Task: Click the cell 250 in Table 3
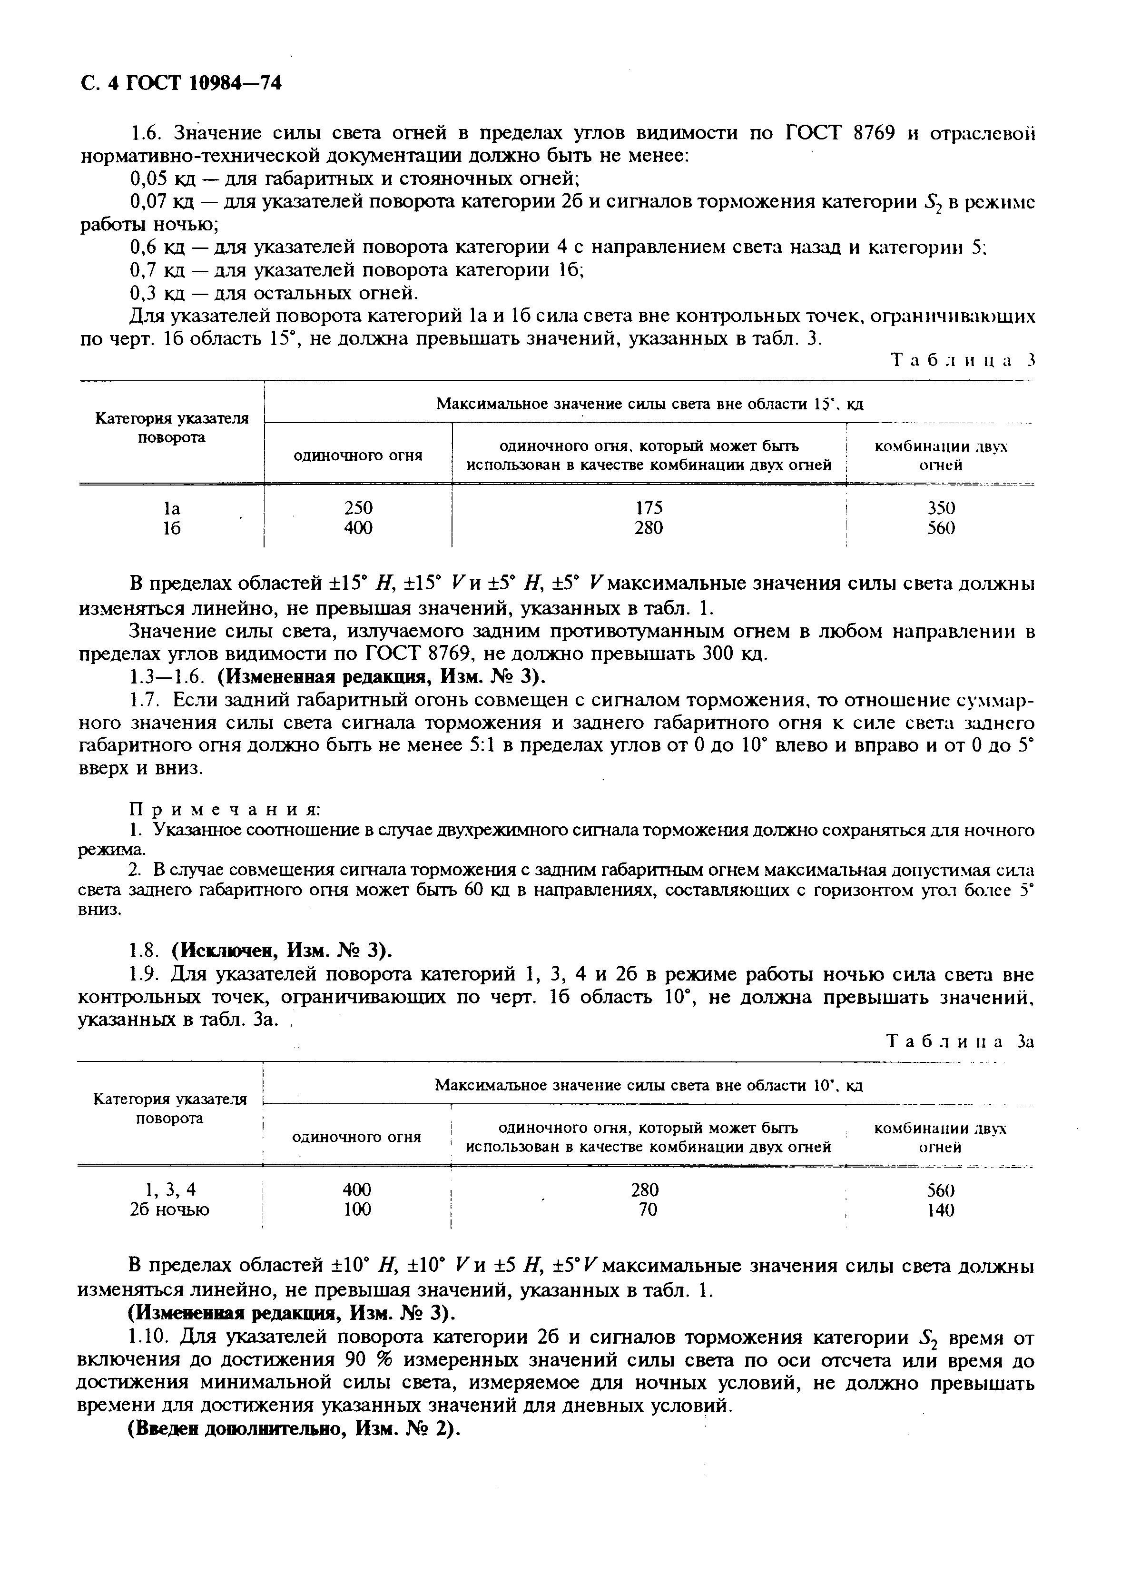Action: pyautogui.click(x=358, y=508)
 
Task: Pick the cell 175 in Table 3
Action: pyautogui.click(x=649, y=508)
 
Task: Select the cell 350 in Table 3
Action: pyautogui.click(x=941, y=508)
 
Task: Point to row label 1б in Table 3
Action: pyautogui.click(x=172, y=528)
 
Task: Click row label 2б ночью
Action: pyautogui.click(x=169, y=1209)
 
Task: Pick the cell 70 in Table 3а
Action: pyautogui.click(x=647, y=1209)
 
